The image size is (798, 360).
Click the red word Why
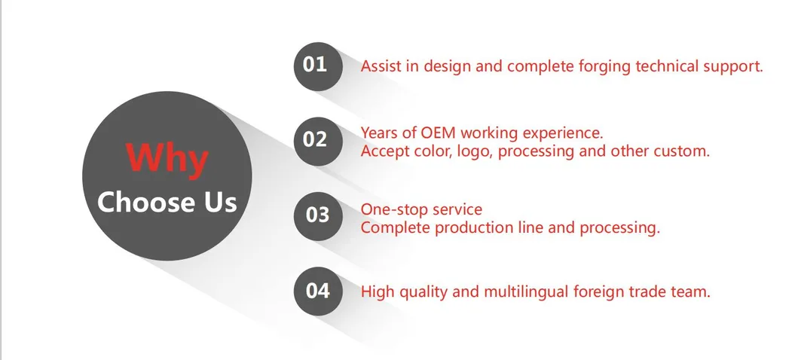(x=167, y=159)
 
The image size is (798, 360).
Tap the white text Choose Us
(x=167, y=202)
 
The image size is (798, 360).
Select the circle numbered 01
(x=316, y=66)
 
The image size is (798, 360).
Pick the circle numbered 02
(x=316, y=140)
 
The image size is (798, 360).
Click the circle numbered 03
(x=316, y=215)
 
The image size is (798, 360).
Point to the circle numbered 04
(x=316, y=291)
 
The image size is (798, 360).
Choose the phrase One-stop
(x=394, y=209)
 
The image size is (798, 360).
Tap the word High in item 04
(x=378, y=291)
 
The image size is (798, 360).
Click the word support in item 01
(x=732, y=67)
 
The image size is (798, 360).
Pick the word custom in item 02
(x=683, y=151)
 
